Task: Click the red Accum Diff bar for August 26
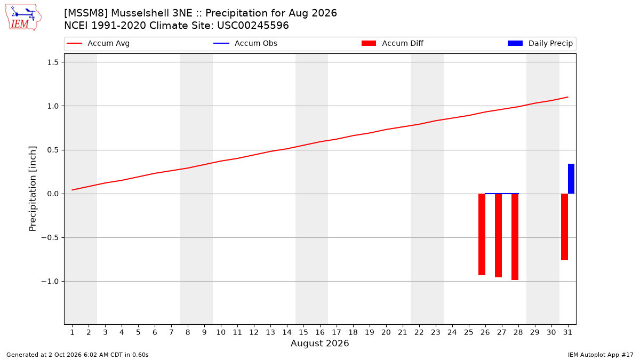pyautogui.click(x=482, y=234)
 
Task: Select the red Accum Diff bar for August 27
pyautogui.click(x=498, y=235)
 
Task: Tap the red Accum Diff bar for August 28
pyautogui.click(x=515, y=237)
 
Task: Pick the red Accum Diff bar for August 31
pyautogui.click(x=564, y=227)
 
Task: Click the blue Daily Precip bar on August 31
pyautogui.click(x=571, y=179)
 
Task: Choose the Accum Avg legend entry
pyautogui.click(x=98, y=43)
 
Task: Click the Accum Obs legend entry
pyautogui.click(x=245, y=43)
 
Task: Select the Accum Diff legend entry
pyautogui.click(x=393, y=43)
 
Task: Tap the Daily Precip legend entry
pyautogui.click(x=540, y=43)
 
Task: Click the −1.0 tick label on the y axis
pyautogui.click(x=50, y=282)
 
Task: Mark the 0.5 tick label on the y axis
pyautogui.click(x=53, y=150)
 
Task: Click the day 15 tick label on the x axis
pyautogui.click(x=303, y=332)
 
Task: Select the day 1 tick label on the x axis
pyautogui.click(x=73, y=332)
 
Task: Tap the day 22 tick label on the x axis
pyautogui.click(x=419, y=332)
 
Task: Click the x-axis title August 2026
pyautogui.click(x=319, y=343)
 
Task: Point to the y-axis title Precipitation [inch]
pyautogui.click(x=33, y=189)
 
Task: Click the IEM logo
pyautogui.click(x=23, y=18)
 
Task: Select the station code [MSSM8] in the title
pyautogui.click(x=86, y=13)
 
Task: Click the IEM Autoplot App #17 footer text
pyautogui.click(x=601, y=355)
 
